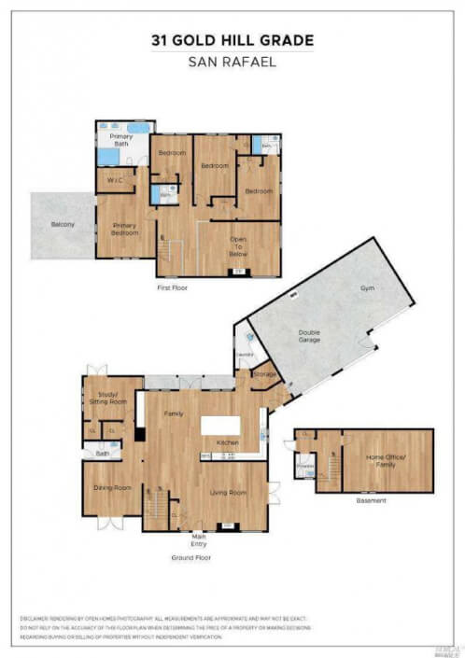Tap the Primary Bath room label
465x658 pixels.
(121, 141)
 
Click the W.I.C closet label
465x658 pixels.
(115, 180)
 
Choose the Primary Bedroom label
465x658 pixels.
(125, 229)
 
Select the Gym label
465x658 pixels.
(366, 289)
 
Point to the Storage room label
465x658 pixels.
(265, 374)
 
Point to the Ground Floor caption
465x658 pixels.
(190, 557)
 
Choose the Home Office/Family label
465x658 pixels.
(387, 459)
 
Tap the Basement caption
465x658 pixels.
(371, 500)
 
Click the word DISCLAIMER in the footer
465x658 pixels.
(37, 619)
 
